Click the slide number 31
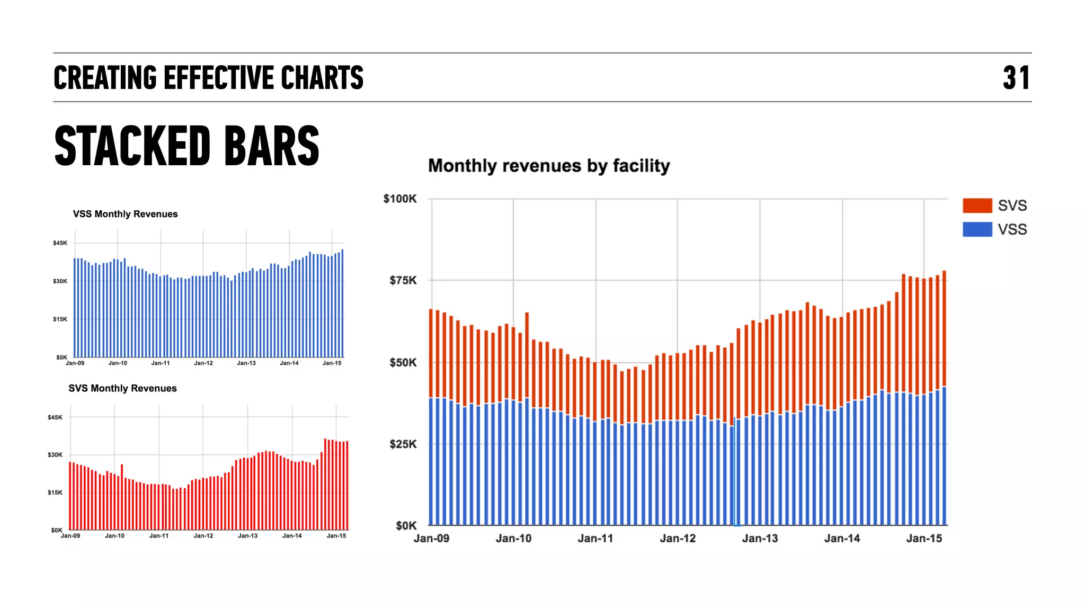point(1016,78)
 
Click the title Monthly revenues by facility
point(548,166)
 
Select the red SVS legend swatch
point(977,205)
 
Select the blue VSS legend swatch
point(977,229)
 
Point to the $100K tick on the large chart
point(399,199)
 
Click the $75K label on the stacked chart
point(403,281)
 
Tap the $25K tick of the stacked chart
point(403,444)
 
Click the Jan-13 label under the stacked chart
point(759,539)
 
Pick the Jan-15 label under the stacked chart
point(923,539)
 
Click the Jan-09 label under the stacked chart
point(431,539)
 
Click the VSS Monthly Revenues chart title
point(125,214)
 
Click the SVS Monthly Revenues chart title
point(122,388)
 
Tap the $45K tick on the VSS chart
point(60,243)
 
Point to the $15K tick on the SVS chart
point(55,492)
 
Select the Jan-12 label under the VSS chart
point(203,363)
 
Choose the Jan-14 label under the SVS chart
point(291,536)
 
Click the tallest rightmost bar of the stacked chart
point(944,397)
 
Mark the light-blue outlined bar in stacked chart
point(735,471)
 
